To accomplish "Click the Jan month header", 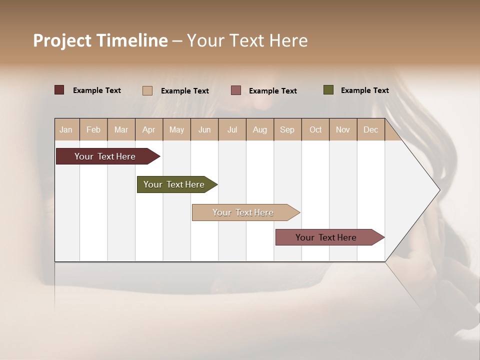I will pyautogui.click(x=66, y=129).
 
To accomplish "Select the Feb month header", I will pyautogui.click(x=93, y=129).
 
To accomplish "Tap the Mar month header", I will pyautogui.click(x=121, y=129).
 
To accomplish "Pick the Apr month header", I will pyautogui.click(x=149, y=129).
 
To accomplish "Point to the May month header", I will pyautogui.click(x=176, y=129).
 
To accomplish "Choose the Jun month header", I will pyautogui.click(x=204, y=129).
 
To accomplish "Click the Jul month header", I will pyautogui.click(x=232, y=129).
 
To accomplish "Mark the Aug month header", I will pyautogui.click(x=260, y=129).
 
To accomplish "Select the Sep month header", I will pyautogui.click(x=287, y=129).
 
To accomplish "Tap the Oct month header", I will pyautogui.click(x=315, y=129).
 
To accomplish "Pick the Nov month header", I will pyautogui.click(x=343, y=129).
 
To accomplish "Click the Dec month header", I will pyautogui.click(x=371, y=129).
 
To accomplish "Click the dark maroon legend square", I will pyautogui.click(x=59, y=90).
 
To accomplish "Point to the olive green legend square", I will pyautogui.click(x=328, y=90).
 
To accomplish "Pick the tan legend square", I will pyautogui.click(x=147, y=90).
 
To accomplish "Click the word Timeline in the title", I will pyautogui.click(x=132, y=40).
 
